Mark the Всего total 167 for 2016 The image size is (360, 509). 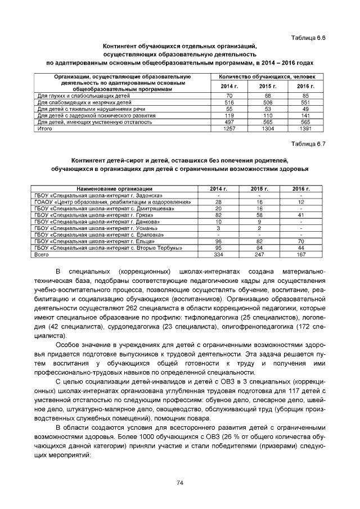[301, 255]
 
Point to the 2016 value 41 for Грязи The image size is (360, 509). [301, 215]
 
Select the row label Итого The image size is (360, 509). [45, 129]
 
